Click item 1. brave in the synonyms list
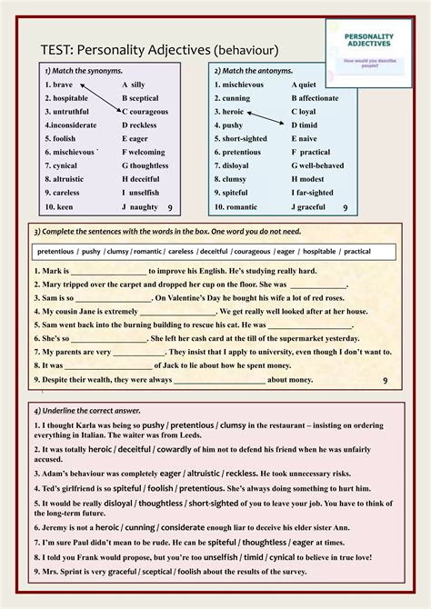[59, 85]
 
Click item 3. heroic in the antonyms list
[232, 112]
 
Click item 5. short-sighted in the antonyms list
[244, 139]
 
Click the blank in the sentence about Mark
[109, 271]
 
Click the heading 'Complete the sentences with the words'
[127, 232]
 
